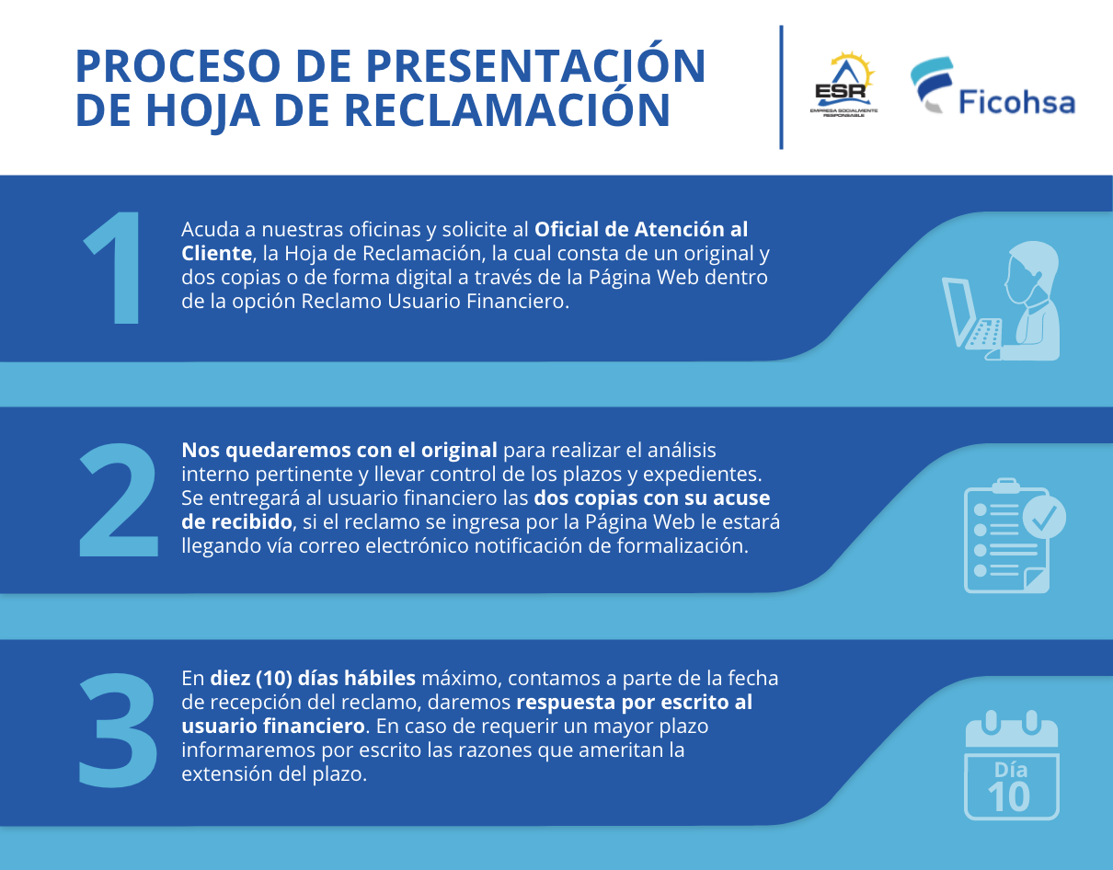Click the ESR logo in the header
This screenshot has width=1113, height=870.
pos(843,85)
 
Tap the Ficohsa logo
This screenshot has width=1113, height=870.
pos(993,86)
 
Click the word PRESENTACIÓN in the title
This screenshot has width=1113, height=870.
pos(535,65)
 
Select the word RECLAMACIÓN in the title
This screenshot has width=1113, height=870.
pos(507,109)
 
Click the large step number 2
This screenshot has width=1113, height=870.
pos(118,499)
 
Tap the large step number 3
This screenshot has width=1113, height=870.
pos(118,730)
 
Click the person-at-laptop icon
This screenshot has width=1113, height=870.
pos(1001,301)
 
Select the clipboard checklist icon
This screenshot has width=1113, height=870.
pos(1015,535)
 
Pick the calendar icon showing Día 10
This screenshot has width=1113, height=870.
pos(1012,764)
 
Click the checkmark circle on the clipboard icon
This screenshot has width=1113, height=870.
pos(1044,517)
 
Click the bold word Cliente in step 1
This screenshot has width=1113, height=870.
pos(216,253)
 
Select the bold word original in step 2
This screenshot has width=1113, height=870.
pos(459,451)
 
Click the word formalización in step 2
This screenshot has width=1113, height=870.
pos(683,546)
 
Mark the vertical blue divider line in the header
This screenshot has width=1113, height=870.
pos(781,87)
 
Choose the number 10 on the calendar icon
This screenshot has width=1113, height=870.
pos(1008,796)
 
